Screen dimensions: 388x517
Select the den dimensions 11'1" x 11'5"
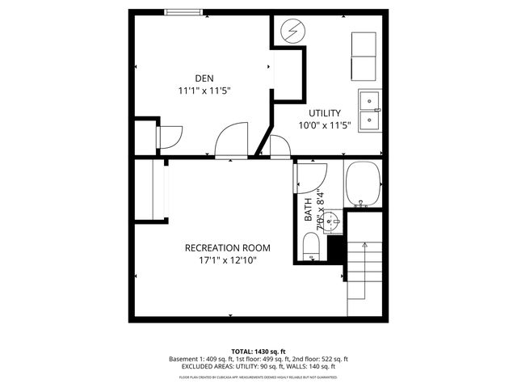point(204,91)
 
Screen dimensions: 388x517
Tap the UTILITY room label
point(324,113)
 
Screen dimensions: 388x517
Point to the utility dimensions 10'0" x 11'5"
point(324,125)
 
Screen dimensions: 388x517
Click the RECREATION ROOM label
point(227,248)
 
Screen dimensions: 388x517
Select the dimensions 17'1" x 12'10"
point(227,260)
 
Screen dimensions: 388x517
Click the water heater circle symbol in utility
point(291,32)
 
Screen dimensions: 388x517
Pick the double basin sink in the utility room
point(370,111)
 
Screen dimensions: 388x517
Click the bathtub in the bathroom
point(363,185)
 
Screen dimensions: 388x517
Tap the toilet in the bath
point(311,247)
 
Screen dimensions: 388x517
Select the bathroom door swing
point(312,173)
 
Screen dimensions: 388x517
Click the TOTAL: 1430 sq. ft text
point(258,352)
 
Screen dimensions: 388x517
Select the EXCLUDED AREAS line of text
point(258,367)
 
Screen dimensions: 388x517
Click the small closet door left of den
point(170,137)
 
